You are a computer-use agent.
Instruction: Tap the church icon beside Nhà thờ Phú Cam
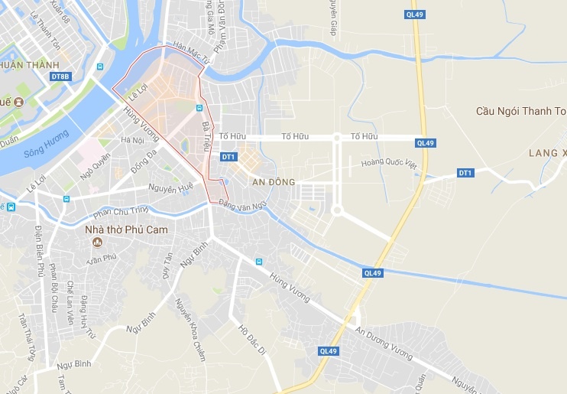point(97,243)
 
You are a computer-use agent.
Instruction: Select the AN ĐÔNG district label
point(273,181)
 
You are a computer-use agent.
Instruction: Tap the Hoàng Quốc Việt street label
point(391,162)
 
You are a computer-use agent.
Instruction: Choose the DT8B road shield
point(60,77)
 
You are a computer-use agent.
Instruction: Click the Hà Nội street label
point(132,140)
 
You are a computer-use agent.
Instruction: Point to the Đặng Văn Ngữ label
point(242,204)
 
